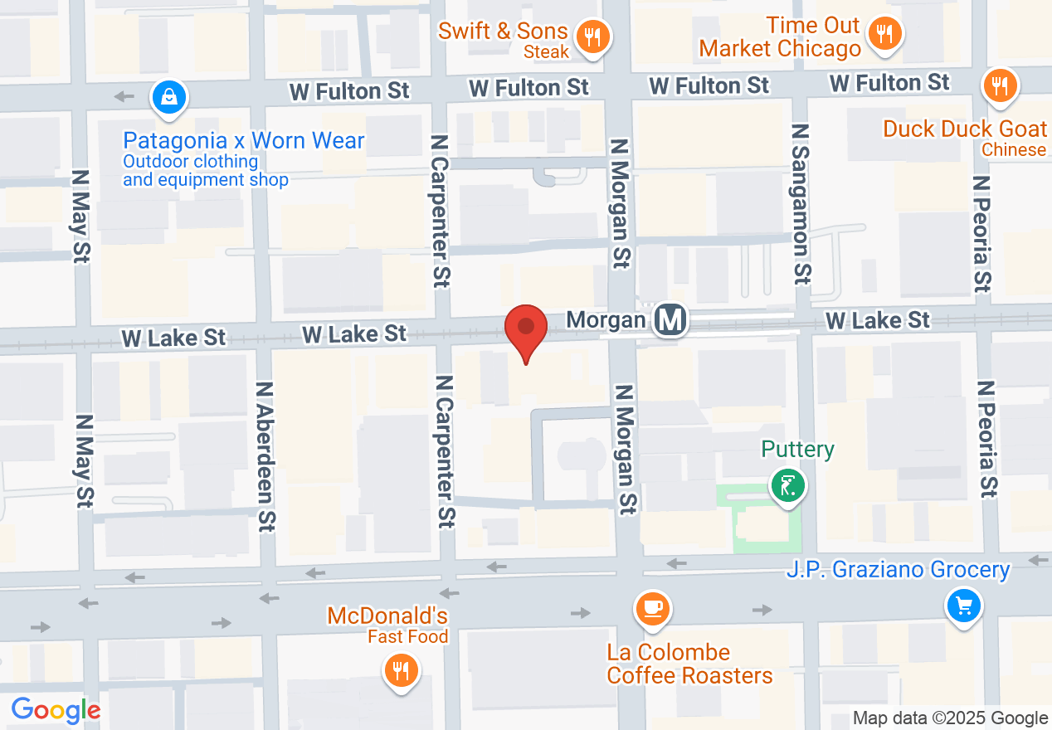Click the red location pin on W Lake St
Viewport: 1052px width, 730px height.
click(526, 329)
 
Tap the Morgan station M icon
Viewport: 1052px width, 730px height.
click(670, 319)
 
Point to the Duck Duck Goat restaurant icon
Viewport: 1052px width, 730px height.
click(1000, 85)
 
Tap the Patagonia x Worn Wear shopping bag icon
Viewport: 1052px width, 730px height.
click(169, 97)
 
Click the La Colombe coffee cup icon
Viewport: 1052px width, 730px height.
click(652, 609)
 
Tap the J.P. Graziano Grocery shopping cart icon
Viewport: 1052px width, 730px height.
click(963, 606)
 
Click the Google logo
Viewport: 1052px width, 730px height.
click(56, 711)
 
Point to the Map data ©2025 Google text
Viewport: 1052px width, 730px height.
click(951, 718)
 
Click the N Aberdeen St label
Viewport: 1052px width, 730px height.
click(265, 455)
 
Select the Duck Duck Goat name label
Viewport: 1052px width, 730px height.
click(965, 129)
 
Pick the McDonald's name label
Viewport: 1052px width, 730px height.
click(387, 616)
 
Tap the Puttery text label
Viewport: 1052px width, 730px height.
click(797, 450)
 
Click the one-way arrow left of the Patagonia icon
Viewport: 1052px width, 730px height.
click(124, 96)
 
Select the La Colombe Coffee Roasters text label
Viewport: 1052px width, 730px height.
click(689, 664)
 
